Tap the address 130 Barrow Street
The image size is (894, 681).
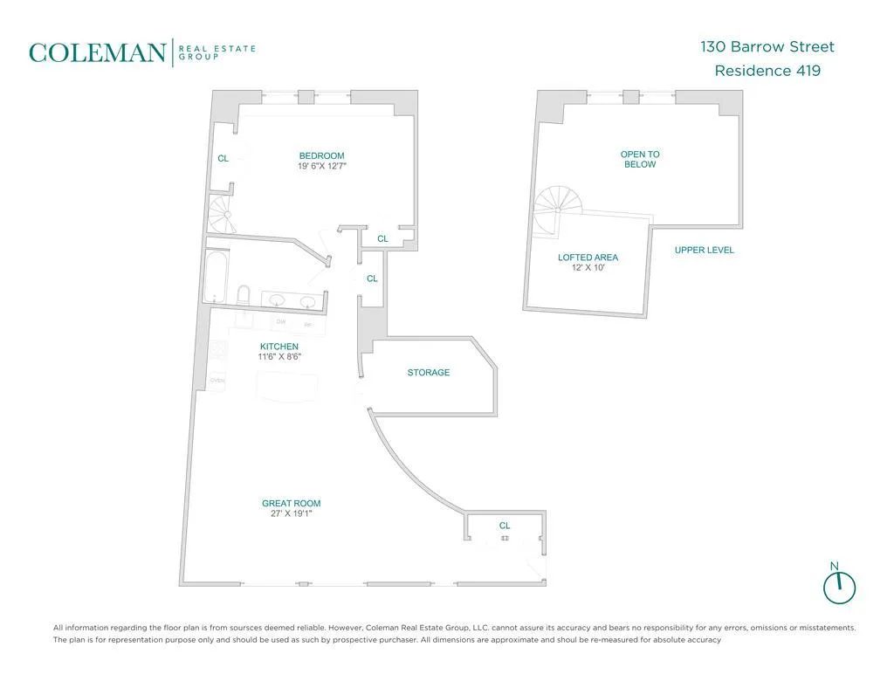point(767,46)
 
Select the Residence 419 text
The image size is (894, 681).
point(767,71)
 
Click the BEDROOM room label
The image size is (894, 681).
point(321,156)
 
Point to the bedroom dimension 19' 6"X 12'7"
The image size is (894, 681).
point(321,167)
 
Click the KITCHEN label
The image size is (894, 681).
point(279,347)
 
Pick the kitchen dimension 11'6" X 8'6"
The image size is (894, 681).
point(279,357)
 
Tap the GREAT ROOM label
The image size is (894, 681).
point(291,503)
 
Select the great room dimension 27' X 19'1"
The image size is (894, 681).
point(291,514)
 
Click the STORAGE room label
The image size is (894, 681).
point(429,373)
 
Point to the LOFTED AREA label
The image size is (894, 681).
point(588,258)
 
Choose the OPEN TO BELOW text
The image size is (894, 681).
point(640,159)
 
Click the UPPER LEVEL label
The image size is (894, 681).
point(705,251)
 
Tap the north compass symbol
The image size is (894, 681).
point(839,585)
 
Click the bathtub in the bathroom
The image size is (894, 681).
point(217,274)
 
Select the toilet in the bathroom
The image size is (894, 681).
point(244,294)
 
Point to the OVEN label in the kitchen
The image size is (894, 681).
point(218,381)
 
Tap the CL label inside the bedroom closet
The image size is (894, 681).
point(223,159)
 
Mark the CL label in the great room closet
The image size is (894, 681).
point(505,526)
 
